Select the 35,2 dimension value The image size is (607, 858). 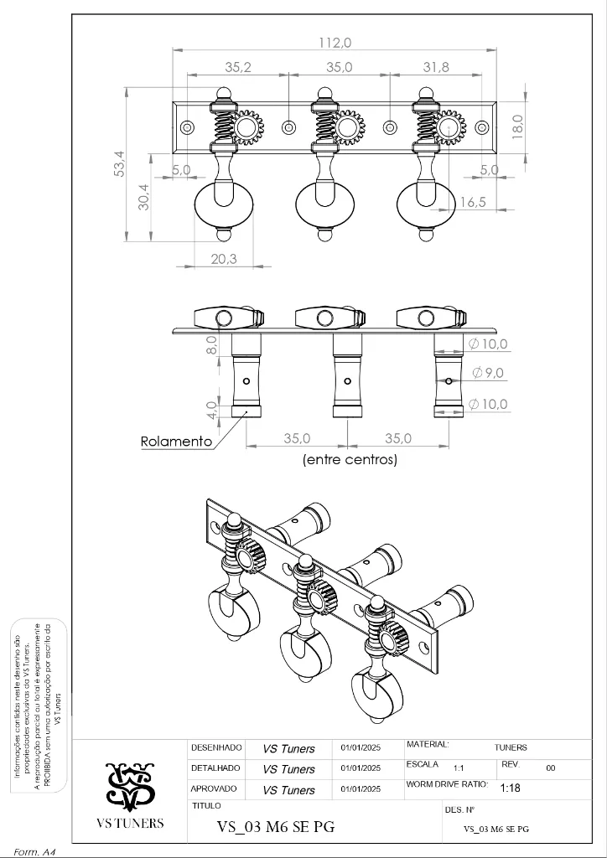pyautogui.click(x=238, y=68)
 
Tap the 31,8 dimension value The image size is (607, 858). pyautogui.click(x=435, y=68)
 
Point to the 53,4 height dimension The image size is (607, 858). pyautogui.click(x=119, y=163)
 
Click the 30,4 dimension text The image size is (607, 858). pyautogui.click(x=144, y=197)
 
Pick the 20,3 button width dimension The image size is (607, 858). pyautogui.click(x=224, y=259)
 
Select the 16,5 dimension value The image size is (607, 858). pyautogui.click(x=473, y=202)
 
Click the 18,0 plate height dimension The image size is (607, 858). pyautogui.click(x=517, y=127)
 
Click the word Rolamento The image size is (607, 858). pyautogui.click(x=176, y=442)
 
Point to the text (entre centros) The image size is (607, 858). pyautogui.click(x=350, y=460)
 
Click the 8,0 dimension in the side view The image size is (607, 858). pyautogui.click(x=212, y=344)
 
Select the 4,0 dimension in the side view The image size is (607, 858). pyautogui.click(x=212, y=411)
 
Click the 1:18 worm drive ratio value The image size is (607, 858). pyautogui.click(x=510, y=788)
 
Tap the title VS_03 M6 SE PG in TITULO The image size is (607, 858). pyautogui.click(x=276, y=827)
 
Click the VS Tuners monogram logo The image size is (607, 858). pyautogui.click(x=130, y=786)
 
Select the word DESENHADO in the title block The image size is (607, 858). pyautogui.click(x=216, y=747)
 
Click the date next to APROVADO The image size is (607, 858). pyautogui.click(x=361, y=789)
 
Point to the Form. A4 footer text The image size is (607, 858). pyautogui.click(x=34, y=851)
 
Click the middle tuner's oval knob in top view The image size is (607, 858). pyautogui.click(x=324, y=204)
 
